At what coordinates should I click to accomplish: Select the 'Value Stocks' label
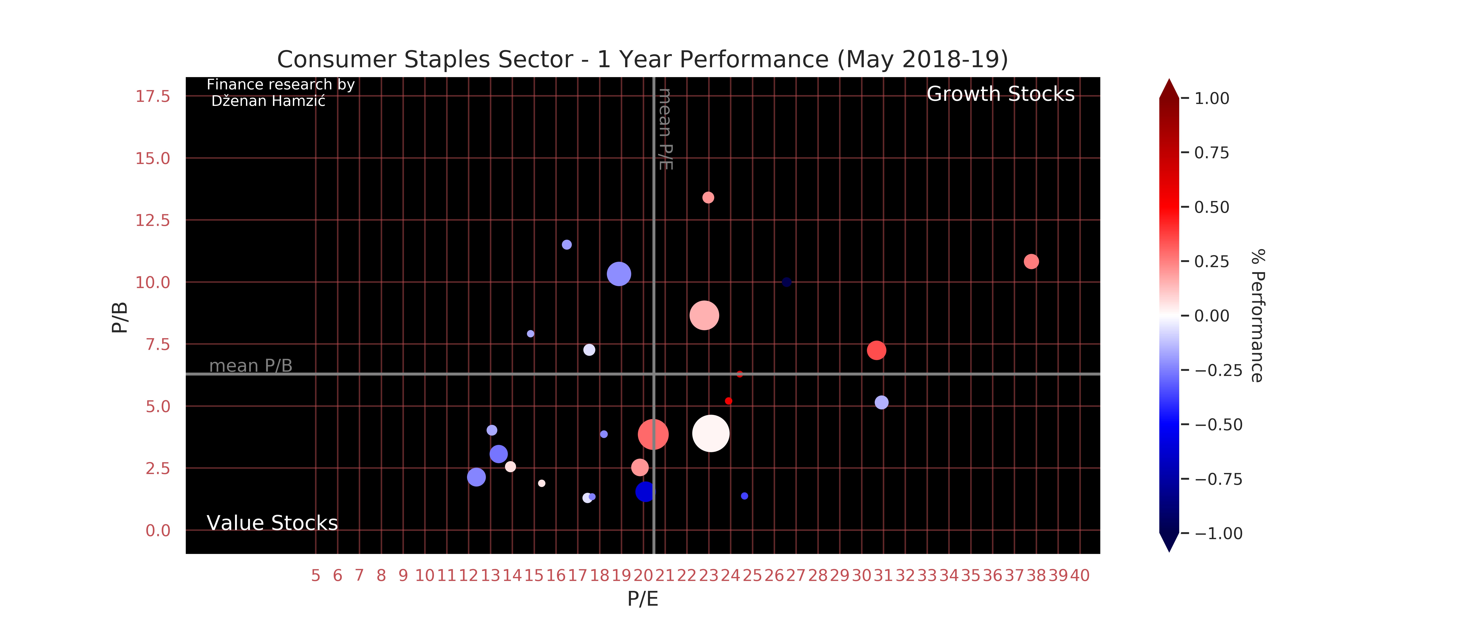click(x=272, y=523)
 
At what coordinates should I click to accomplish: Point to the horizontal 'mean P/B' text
click(x=251, y=366)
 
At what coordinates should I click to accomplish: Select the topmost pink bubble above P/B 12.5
click(x=708, y=198)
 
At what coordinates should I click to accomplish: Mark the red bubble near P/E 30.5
click(x=876, y=350)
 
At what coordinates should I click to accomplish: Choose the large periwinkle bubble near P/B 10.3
click(x=618, y=274)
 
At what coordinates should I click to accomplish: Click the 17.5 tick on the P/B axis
click(x=153, y=97)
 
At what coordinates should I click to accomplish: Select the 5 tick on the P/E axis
click(x=316, y=575)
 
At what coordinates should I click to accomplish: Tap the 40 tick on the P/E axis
click(x=1079, y=575)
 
